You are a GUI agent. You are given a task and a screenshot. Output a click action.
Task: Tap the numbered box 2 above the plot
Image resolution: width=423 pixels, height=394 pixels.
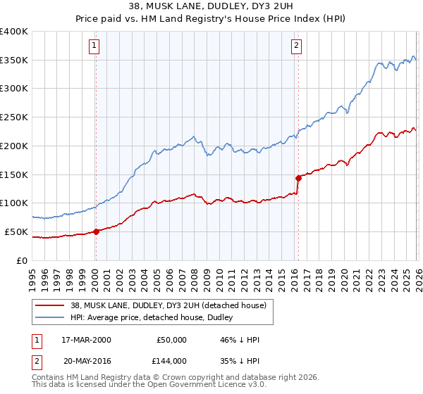296,46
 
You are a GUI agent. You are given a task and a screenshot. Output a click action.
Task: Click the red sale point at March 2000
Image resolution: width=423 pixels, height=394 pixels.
96,231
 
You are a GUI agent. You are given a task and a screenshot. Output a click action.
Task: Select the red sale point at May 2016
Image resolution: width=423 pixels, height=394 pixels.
298,177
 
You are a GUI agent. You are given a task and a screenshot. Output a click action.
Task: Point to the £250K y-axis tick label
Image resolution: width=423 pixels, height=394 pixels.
14,117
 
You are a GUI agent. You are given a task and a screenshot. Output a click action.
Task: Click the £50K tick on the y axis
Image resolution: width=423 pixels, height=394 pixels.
16,231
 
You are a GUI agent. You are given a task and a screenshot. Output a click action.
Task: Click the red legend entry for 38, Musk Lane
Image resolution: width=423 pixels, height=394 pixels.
167,305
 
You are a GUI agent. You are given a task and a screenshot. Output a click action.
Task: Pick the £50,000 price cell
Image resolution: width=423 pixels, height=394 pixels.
171,340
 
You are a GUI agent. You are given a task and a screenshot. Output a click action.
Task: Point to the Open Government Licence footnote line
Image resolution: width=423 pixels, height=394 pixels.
144,386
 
